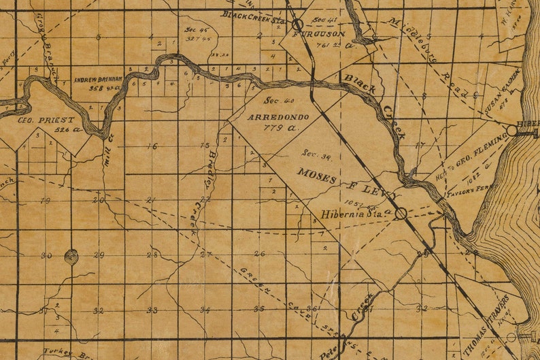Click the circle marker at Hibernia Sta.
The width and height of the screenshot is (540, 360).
[401, 213]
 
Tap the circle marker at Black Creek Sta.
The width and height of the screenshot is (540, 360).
[298, 24]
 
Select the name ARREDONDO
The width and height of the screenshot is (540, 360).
[277, 117]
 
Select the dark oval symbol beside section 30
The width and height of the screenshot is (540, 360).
[71, 256]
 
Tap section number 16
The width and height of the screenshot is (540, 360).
[151, 146]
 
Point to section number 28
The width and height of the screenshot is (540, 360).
[152, 255]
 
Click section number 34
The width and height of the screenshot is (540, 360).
[205, 310]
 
